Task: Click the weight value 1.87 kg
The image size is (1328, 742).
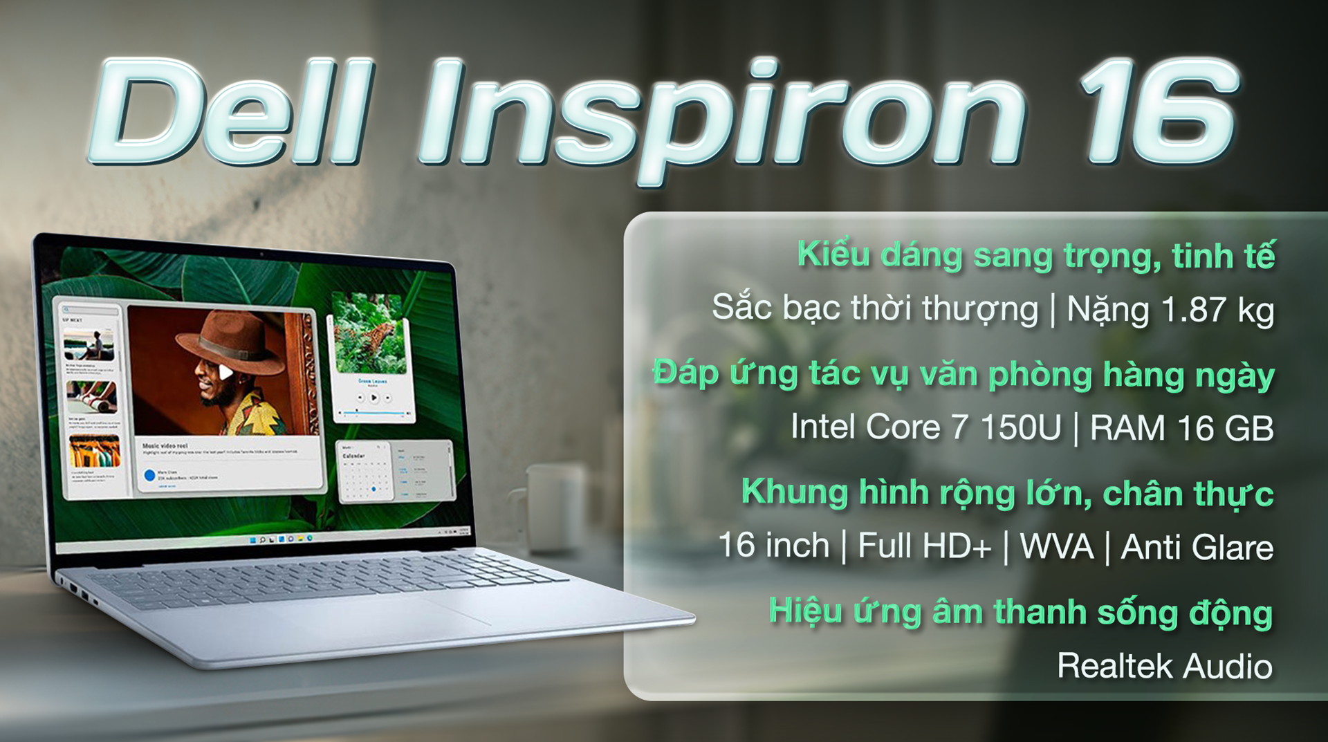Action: coord(1217,310)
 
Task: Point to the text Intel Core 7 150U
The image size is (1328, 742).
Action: coord(925,427)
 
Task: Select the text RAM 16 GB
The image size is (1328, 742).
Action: coord(1181,428)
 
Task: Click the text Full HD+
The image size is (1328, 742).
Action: coord(924,546)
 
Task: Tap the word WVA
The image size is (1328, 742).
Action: coord(1056,546)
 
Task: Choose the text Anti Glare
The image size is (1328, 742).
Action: coord(1197,547)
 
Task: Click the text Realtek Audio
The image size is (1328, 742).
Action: coord(1165,666)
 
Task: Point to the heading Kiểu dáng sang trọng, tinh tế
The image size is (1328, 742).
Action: coord(1035,255)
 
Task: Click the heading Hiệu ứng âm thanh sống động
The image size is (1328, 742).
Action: coord(1020,612)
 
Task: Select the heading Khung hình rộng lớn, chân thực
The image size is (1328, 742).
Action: coord(1007,493)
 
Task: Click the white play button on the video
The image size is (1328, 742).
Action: coord(225,373)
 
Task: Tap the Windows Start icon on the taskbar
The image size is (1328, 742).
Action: coord(252,539)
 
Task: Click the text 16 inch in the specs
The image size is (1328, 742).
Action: coord(773,546)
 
